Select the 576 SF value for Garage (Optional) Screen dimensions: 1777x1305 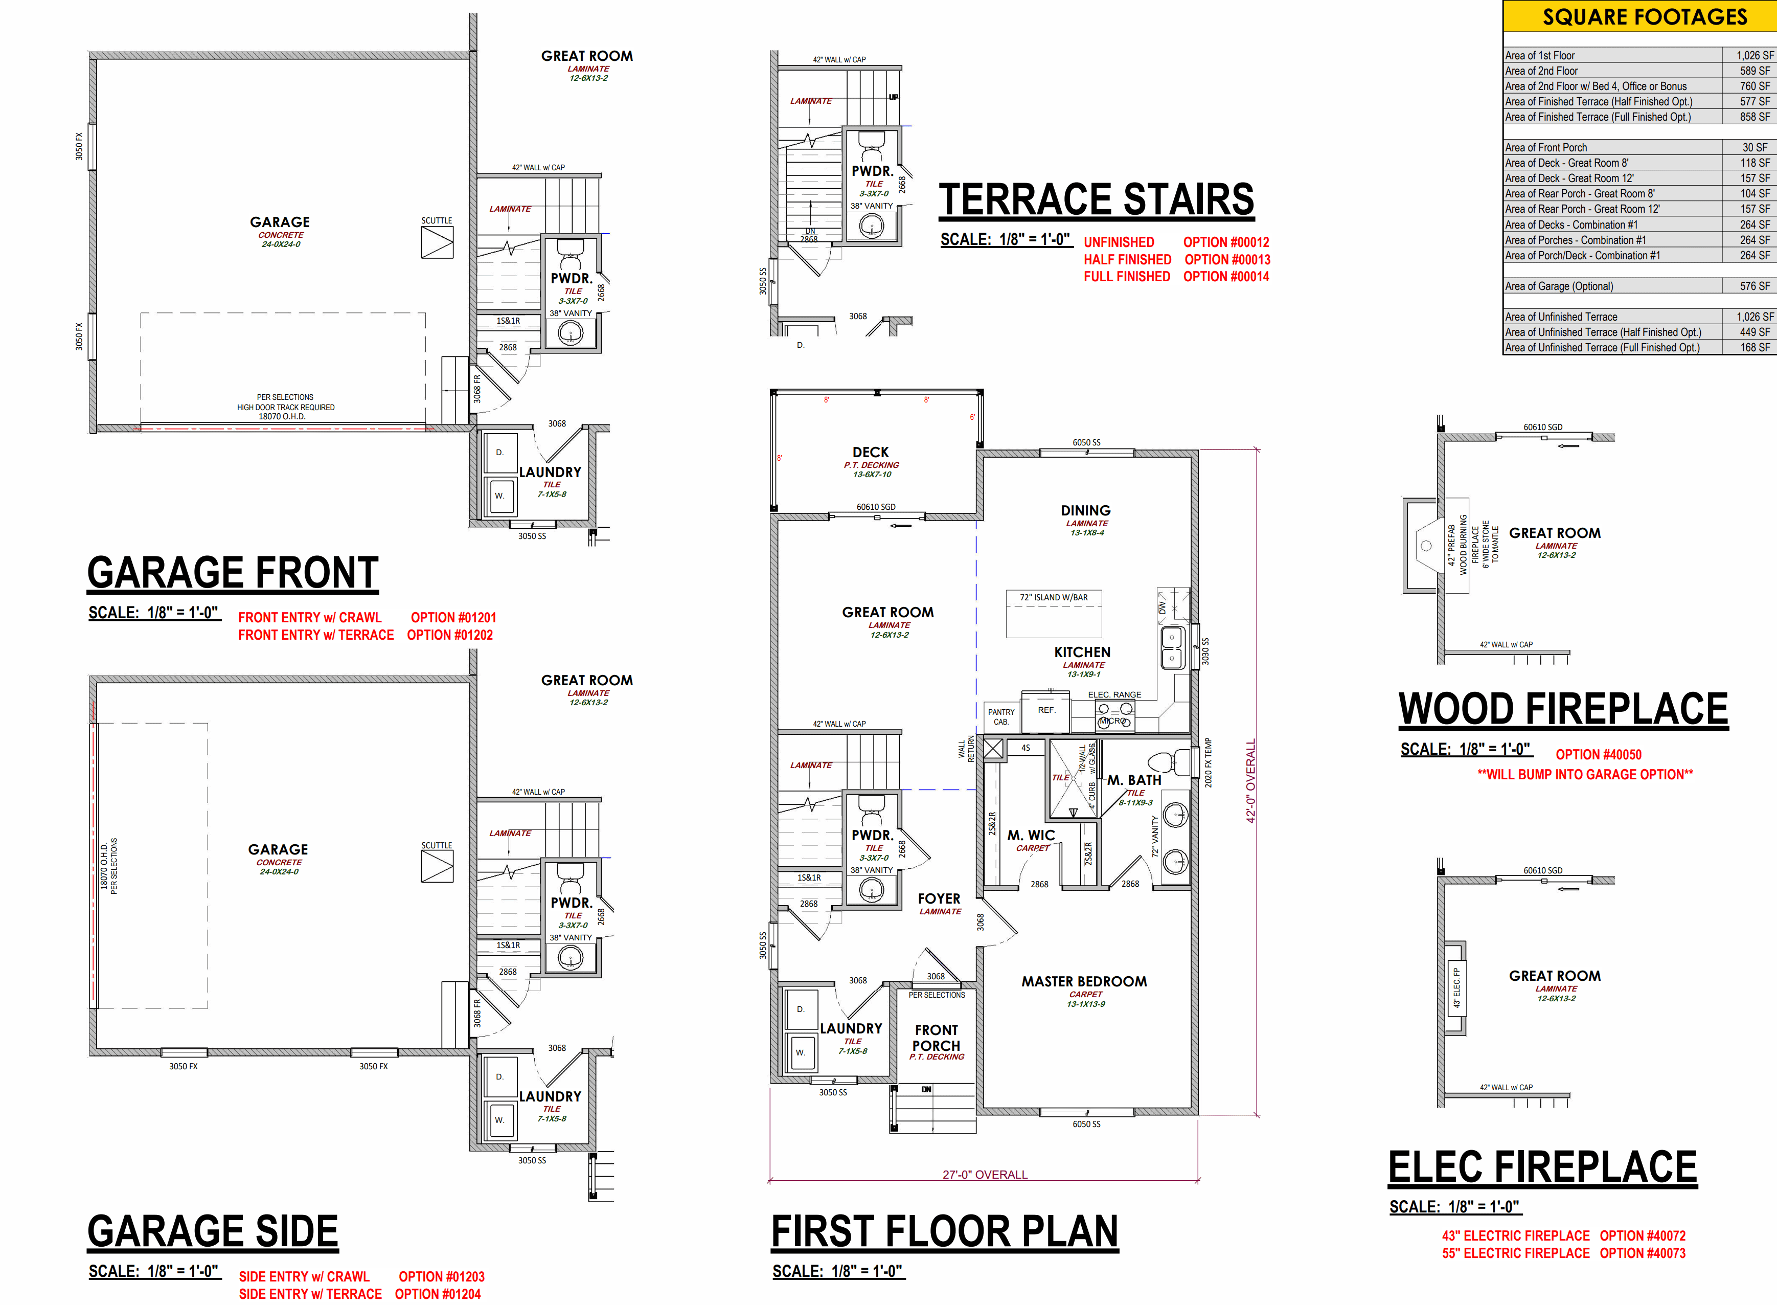[x=1755, y=286]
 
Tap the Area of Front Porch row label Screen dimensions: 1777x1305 [x=1545, y=148]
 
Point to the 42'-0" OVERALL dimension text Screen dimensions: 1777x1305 [x=1250, y=781]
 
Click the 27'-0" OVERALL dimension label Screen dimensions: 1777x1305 [x=985, y=1175]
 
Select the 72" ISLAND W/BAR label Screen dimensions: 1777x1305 [x=1054, y=597]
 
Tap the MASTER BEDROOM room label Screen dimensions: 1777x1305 [x=1084, y=981]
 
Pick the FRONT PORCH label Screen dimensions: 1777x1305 [x=937, y=1037]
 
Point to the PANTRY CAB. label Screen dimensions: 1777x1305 [x=1001, y=716]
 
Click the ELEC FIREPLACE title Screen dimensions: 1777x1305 [x=1542, y=1167]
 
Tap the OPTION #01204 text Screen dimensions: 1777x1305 [x=438, y=1293]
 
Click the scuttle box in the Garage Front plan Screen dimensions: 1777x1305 [x=437, y=242]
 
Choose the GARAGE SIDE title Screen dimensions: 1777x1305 [x=213, y=1231]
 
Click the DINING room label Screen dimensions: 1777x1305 [x=1086, y=510]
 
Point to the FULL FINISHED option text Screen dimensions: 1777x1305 [x=1127, y=277]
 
